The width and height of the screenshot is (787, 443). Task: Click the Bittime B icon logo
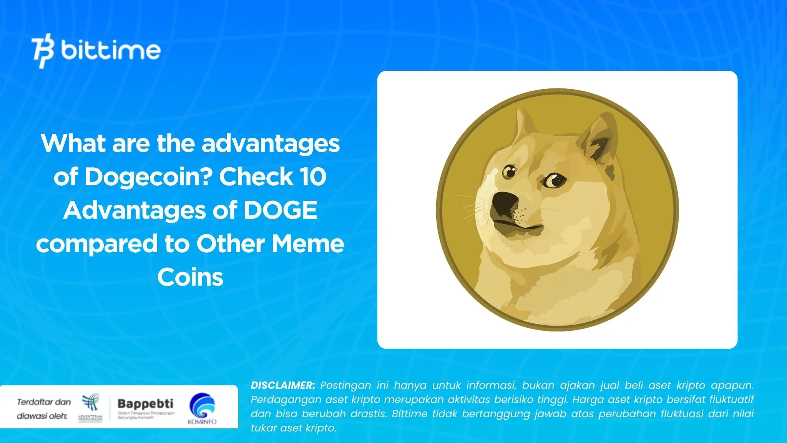pyautogui.click(x=42, y=51)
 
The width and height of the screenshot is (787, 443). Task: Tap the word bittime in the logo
pyautogui.click(x=111, y=50)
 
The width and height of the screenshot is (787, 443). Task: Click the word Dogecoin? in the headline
pyautogui.click(x=149, y=177)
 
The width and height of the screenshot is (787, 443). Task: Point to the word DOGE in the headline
pyautogui.click(x=280, y=210)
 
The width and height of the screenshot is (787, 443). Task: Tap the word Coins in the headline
pyautogui.click(x=190, y=277)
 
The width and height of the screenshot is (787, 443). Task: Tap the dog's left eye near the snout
pyautogui.click(x=510, y=171)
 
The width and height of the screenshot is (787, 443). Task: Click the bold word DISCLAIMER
pyautogui.click(x=282, y=385)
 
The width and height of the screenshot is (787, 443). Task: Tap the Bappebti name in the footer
pyautogui.click(x=145, y=404)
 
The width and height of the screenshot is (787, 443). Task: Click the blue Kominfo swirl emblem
pyautogui.click(x=202, y=406)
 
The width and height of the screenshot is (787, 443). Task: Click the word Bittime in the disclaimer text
pyautogui.click(x=411, y=414)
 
